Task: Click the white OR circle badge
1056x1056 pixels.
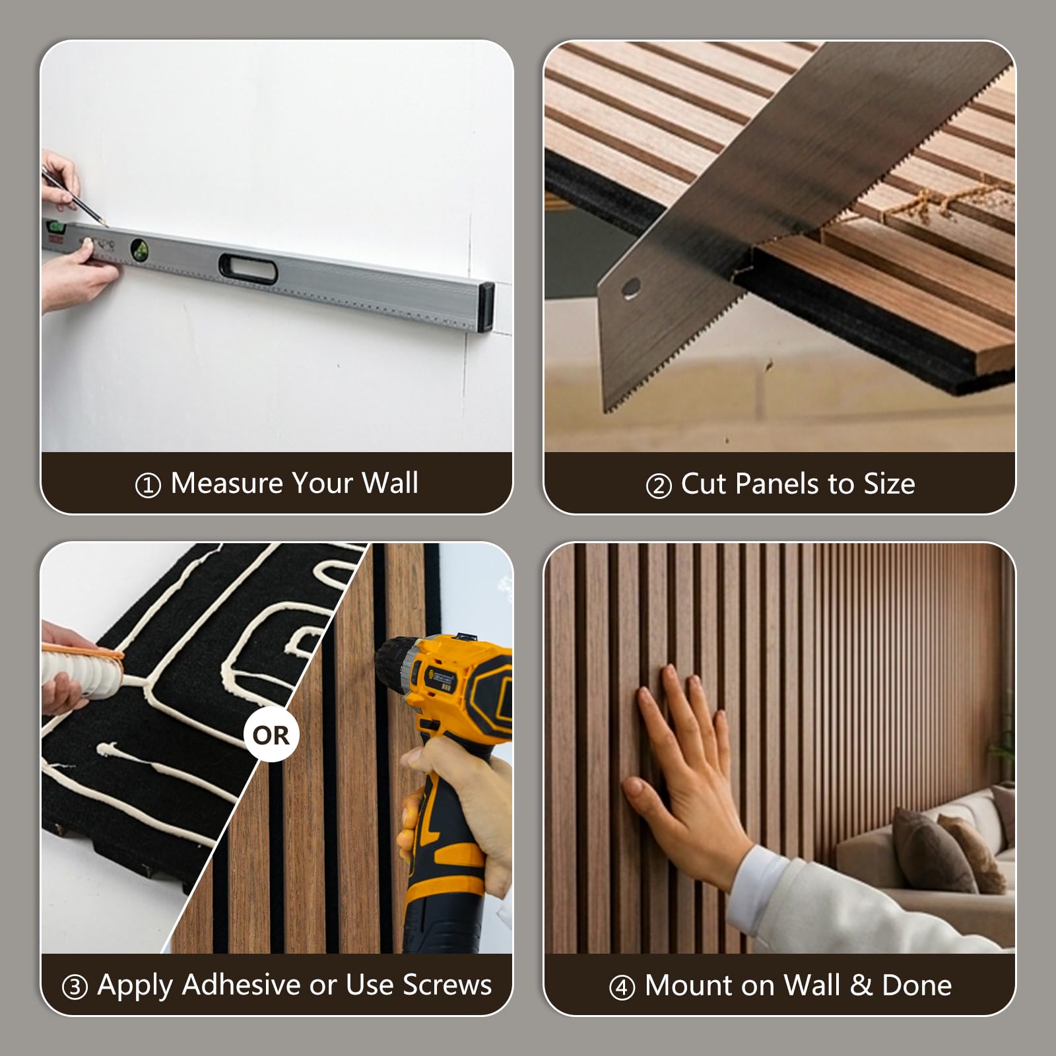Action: pyautogui.click(x=271, y=735)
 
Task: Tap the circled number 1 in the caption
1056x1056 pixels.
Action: pyautogui.click(x=148, y=486)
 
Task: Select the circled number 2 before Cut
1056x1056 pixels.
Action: pyautogui.click(x=658, y=486)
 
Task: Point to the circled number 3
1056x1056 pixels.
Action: pyautogui.click(x=75, y=987)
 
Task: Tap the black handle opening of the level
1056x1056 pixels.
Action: pyautogui.click(x=247, y=268)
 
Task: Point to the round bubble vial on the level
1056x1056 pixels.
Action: pyautogui.click(x=140, y=248)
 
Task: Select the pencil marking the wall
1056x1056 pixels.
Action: pyautogui.click(x=72, y=194)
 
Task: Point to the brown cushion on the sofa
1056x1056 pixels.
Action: pyautogui.click(x=934, y=851)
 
